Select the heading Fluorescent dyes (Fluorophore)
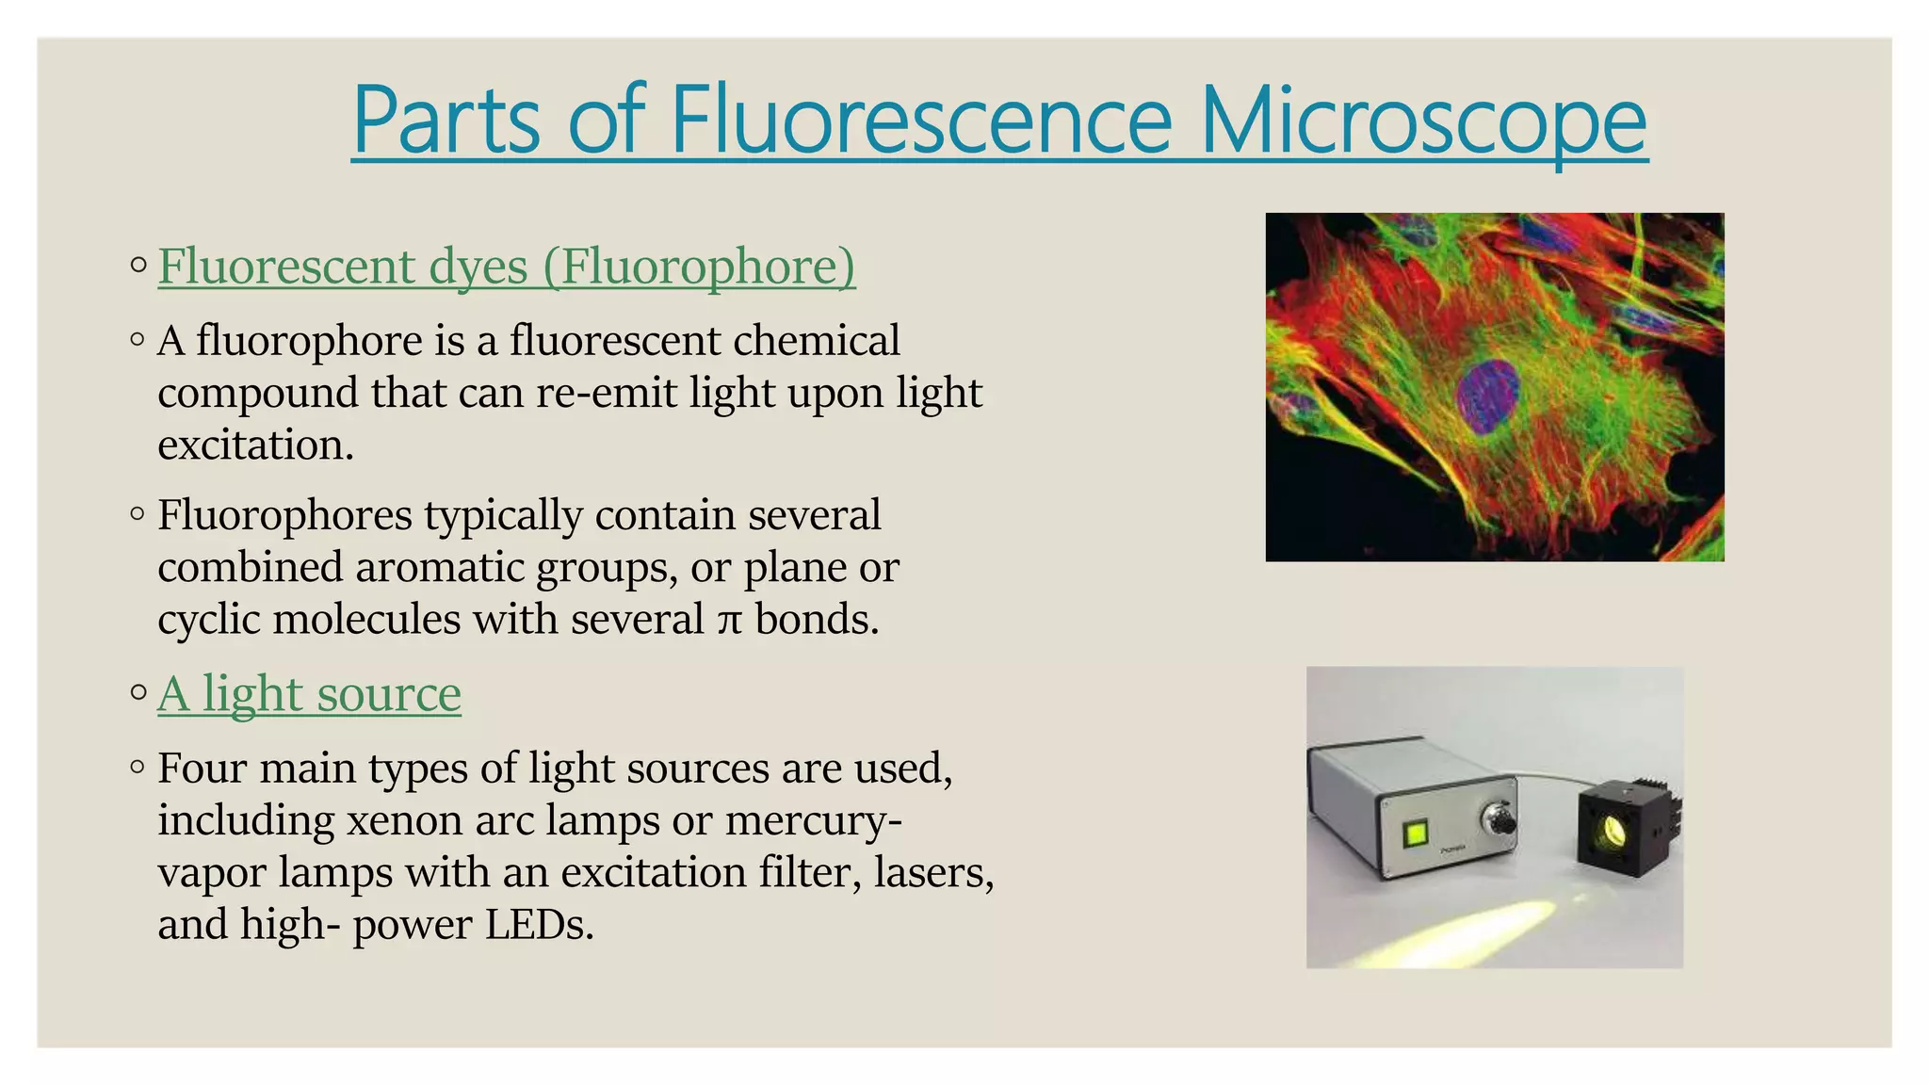click(507, 266)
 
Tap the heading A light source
click(309, 694)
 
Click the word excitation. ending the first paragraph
click(255, 445)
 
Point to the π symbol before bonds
click(729, 621)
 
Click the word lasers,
click(932, 872)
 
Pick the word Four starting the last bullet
click(203, 769)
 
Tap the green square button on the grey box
click(1415, 834)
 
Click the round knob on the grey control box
click(1499, 820)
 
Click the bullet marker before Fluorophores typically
click(138, 514)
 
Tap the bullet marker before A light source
click(138, 693)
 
